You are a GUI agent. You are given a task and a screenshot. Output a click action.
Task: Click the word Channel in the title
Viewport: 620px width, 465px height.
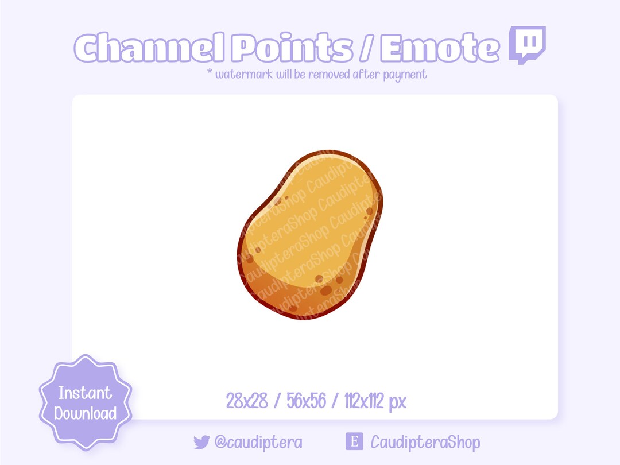pos(150,48)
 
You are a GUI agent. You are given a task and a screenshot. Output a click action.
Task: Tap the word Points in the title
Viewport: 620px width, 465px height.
pos(292,48)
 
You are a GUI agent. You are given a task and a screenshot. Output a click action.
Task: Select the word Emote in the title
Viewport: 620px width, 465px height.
pos(439,48)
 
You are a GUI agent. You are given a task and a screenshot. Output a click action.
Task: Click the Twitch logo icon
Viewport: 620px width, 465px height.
pos(527,44)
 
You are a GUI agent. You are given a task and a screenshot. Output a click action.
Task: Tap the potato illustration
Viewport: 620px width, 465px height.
pos(310,235)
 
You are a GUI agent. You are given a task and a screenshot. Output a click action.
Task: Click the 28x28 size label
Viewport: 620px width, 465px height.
pos(247,401)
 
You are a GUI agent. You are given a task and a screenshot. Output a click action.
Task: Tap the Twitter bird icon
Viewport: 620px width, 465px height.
pos(201,442)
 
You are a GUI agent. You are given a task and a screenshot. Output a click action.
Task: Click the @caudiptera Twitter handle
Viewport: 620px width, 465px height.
pos(258,442)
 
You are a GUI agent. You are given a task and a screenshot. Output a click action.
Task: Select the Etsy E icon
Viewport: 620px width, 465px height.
pos(354,441)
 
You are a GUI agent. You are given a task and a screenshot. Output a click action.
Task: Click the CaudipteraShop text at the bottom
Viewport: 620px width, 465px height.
pos(425,442)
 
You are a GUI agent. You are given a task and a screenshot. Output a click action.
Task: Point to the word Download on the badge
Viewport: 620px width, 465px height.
pos(86,413)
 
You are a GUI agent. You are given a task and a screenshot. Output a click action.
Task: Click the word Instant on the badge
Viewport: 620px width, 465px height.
pos(85,393)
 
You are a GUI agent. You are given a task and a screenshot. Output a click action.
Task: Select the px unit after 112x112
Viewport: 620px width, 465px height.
pos(397,402)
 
